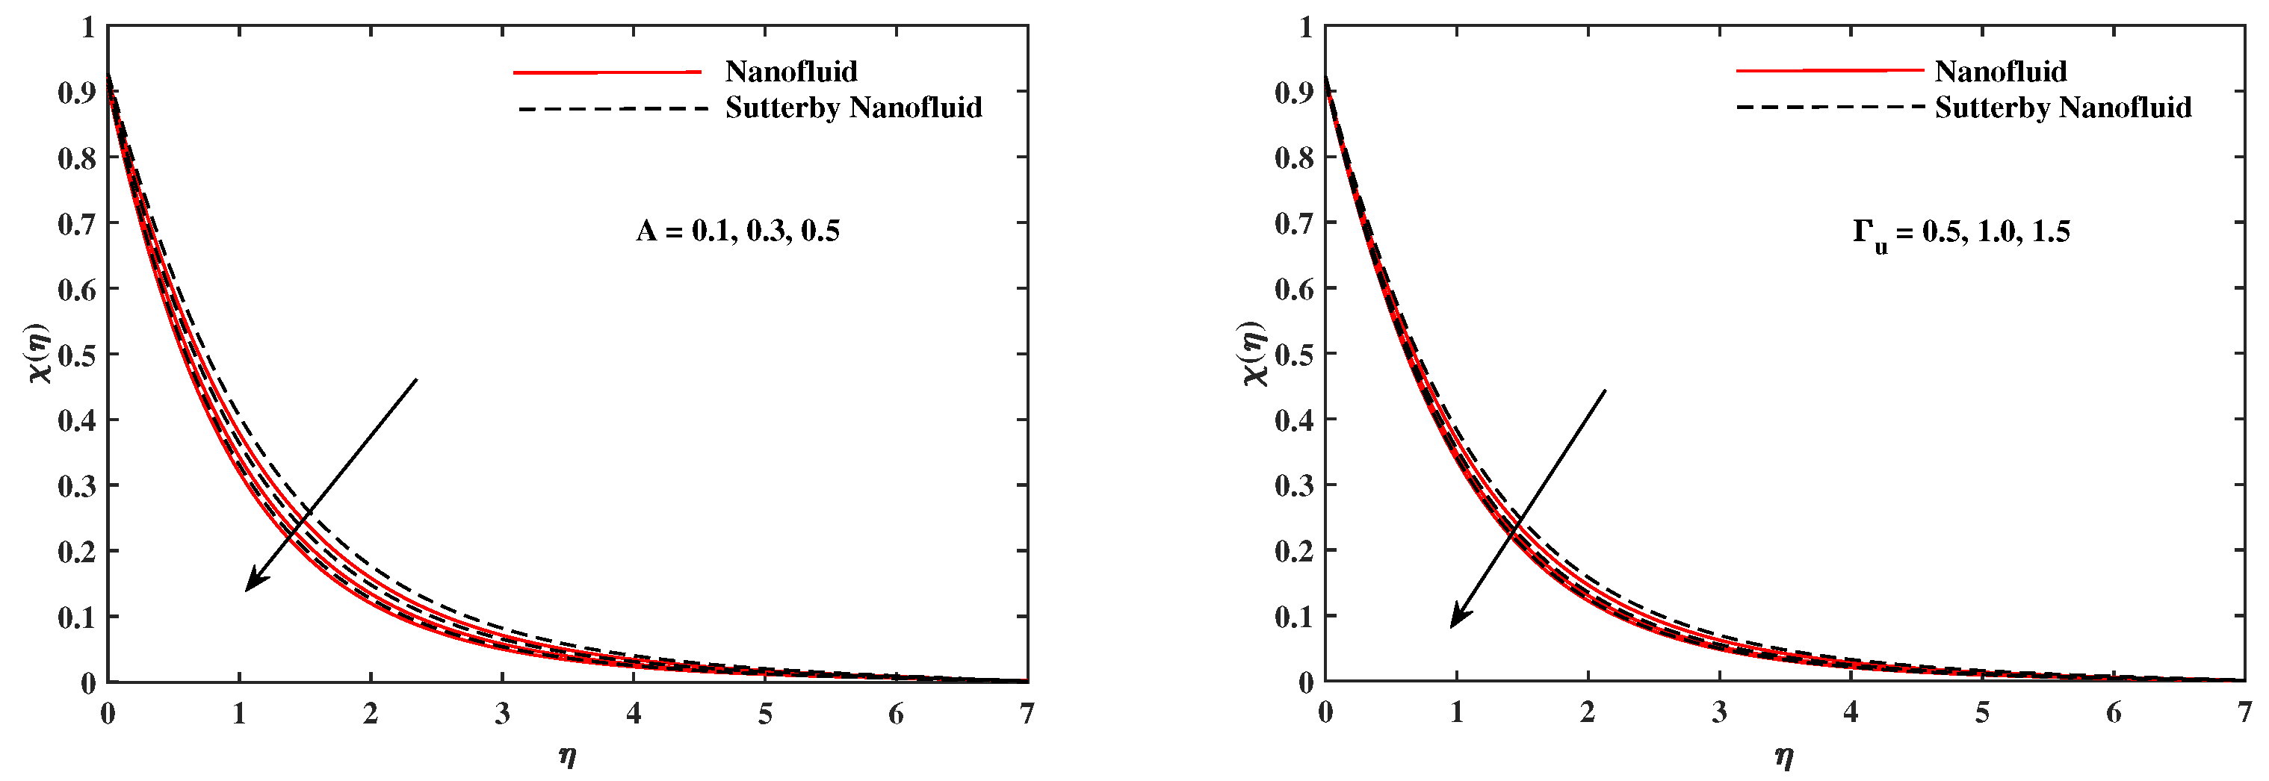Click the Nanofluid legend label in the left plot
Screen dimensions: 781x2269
pos(790,72)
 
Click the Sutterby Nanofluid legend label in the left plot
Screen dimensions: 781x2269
pos(852,108)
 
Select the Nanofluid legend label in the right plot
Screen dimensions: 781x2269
pos(1999,72)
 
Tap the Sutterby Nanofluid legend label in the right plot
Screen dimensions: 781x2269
pos(2062,108)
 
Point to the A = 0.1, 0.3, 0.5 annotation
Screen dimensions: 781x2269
pos(737,231)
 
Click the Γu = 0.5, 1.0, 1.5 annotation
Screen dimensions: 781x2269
pos(1960,232)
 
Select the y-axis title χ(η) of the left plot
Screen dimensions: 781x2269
pos(40,354)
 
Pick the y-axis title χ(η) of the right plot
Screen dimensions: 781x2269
pos(1254,354)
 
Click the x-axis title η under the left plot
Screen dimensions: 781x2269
pos(567,756)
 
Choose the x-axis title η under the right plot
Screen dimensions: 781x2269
pos(1783,756)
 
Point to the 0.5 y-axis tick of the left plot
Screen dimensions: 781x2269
pos(77,355)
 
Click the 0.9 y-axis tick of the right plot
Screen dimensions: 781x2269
pos(1294,92)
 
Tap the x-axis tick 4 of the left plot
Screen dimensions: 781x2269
pos(634,714)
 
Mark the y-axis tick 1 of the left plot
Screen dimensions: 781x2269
pos(87,28)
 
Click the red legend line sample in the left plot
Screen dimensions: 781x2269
pos(607,72)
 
